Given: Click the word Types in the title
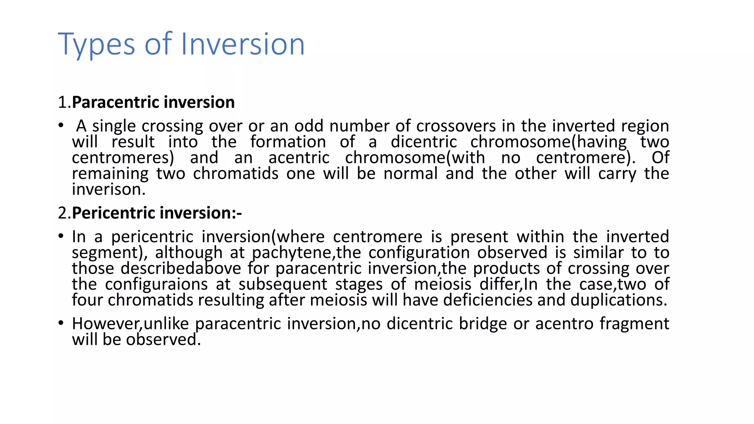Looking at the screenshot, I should [x=96, y=45].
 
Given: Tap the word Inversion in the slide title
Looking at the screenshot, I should [x=243, y=44].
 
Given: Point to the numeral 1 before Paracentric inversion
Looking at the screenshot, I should [x=62, y=102].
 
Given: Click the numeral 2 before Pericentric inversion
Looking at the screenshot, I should [x=62, y=213].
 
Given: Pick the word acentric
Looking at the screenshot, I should [x=299, y=158].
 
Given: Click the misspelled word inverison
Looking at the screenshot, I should [x=109, y=190].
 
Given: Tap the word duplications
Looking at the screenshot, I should [x=619, y=300].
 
